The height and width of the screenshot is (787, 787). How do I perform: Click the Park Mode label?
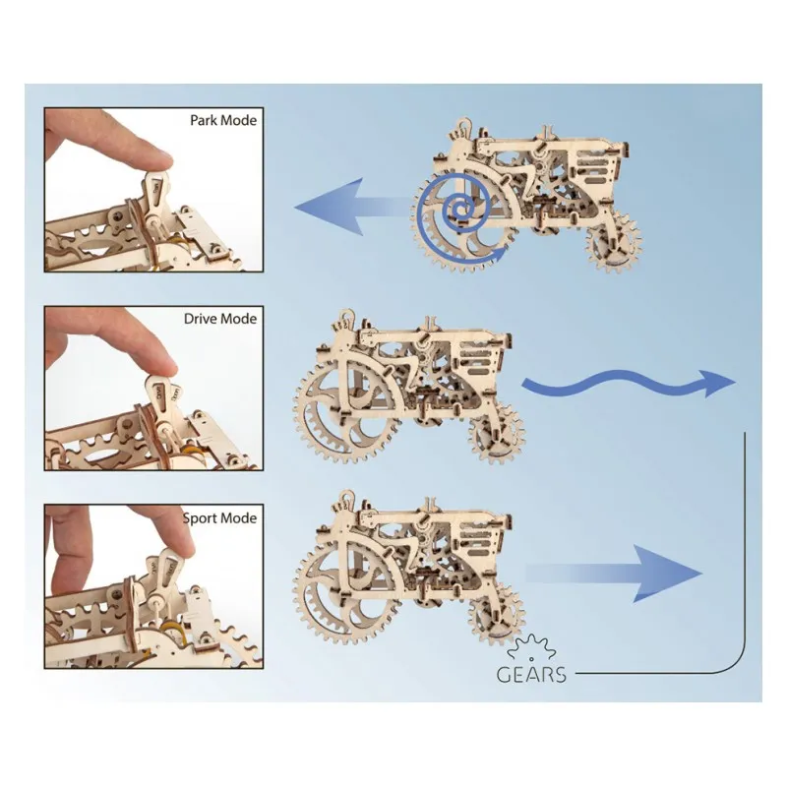[222, 122]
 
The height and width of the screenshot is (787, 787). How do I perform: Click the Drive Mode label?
[220, 319]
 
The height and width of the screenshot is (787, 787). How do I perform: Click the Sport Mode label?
[219, 517]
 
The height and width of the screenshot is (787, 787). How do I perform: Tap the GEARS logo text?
[530, 674]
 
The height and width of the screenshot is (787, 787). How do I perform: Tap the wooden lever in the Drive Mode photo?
[160, 393]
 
